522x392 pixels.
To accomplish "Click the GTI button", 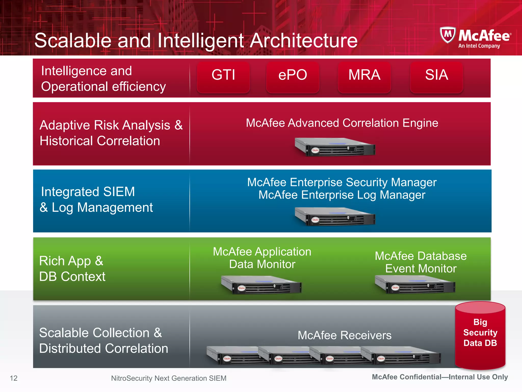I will [223, 76].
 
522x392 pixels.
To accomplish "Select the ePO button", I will [293, 76].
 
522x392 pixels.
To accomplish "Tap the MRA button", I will [364, 76].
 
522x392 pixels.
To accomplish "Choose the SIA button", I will [436, 76].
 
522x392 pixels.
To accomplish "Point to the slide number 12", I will [14, 378].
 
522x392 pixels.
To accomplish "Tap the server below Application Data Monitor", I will [262, 285].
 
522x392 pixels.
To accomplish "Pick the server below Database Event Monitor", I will [415, 284].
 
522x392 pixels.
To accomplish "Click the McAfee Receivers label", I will [344, 335].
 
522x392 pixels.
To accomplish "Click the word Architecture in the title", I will [304, 41].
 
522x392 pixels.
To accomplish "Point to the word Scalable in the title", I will [73, 41].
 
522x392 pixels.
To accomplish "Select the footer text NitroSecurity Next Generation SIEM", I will [168, 378].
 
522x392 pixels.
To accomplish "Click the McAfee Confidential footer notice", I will [440, 377].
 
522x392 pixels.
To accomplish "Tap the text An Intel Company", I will [479, 46].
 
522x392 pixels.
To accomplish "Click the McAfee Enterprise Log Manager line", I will [342, 195].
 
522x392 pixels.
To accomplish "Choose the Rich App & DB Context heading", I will [72, 269].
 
